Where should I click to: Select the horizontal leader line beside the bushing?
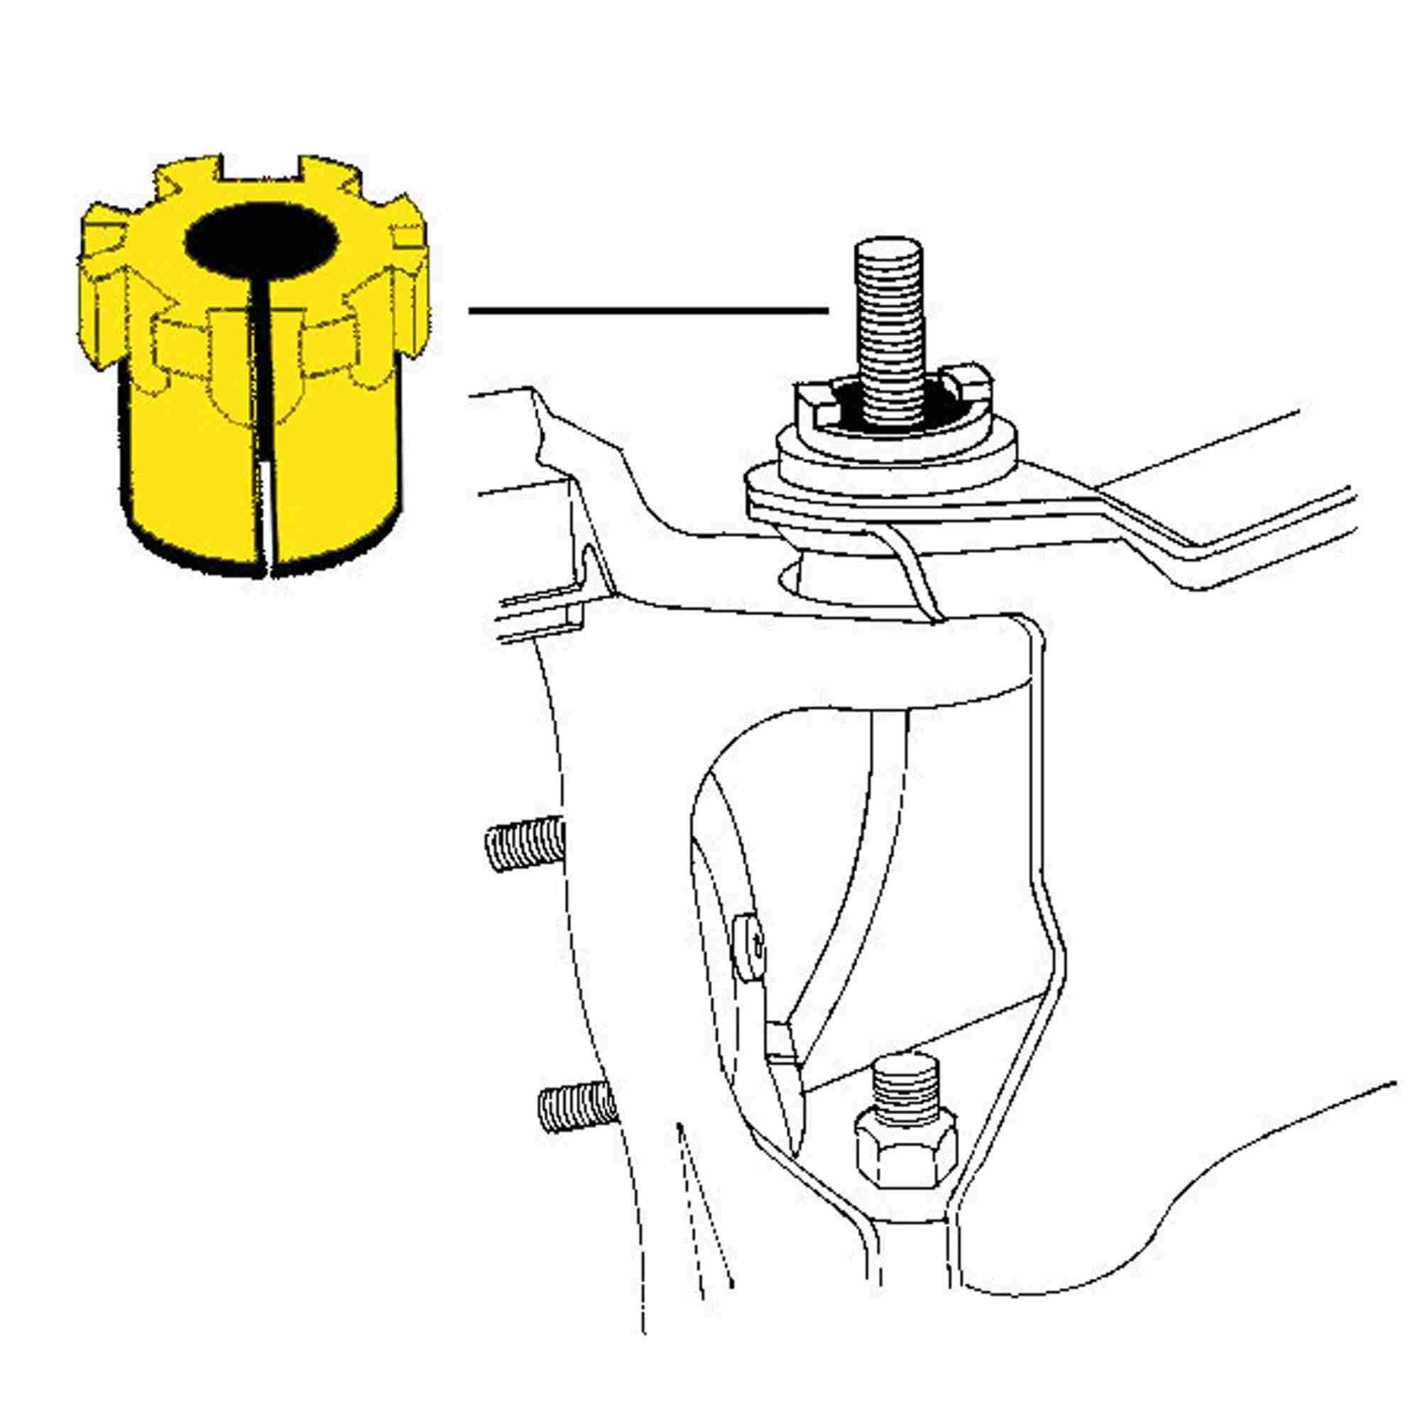647,311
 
